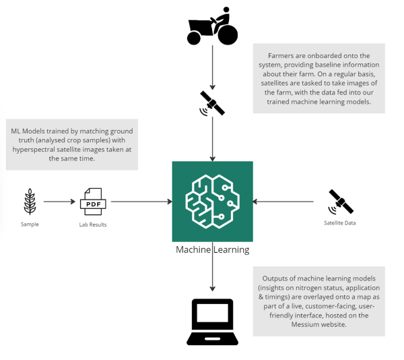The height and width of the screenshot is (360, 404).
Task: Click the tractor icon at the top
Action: (x=212, y=28)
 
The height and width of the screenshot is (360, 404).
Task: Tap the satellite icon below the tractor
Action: (x=212, y=103)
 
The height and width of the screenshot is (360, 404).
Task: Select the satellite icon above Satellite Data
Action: (x=341, y=202)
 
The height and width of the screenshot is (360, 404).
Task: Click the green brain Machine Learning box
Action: (x=212, y=201)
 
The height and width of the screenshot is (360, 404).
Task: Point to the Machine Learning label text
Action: (x=212, y=249)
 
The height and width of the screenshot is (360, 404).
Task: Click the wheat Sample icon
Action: (x=30, y=201)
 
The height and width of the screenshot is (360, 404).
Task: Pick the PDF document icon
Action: (x=93, y=202)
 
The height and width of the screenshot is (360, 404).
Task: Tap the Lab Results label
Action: (x=93, y=224)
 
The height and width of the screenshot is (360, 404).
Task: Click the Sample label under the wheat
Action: (x=30, y=224)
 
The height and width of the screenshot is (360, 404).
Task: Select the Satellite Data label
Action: (x=340, y=223)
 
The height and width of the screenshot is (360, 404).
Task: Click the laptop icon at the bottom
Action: (x=212, y=322)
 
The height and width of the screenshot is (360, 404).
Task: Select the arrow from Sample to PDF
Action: (x=59, y=202)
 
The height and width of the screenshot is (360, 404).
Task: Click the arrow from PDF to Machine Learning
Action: (x=141, y=202)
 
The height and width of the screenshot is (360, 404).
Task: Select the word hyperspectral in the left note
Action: (x=40, y=149)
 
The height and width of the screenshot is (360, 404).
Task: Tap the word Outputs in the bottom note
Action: (x=276, y=278)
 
